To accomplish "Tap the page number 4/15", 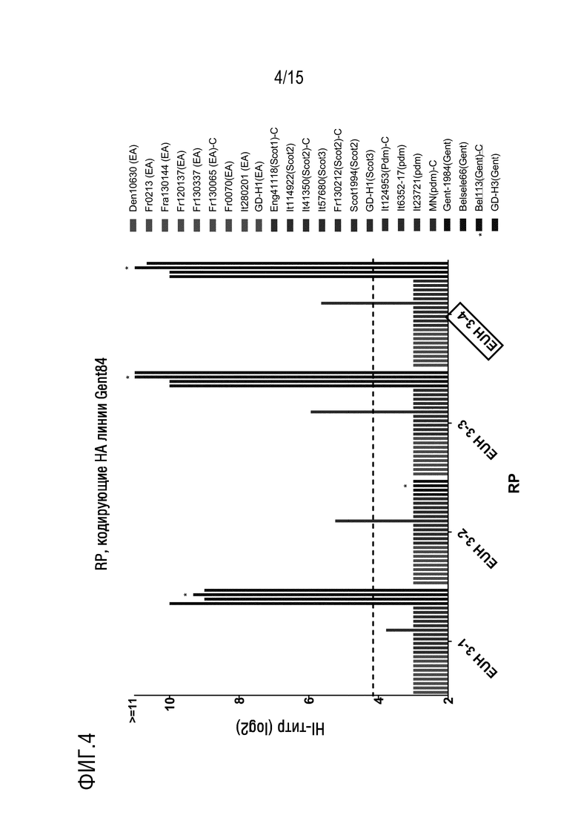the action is [x=288, y=77].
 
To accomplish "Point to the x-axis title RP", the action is [x=514, y=483].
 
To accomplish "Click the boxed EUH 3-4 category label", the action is [x=475, y=331].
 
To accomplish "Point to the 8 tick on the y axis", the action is [x=239, y=700].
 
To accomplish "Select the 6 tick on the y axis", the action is [x=308, y=700].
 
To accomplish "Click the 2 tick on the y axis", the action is [x=448, y=700].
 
